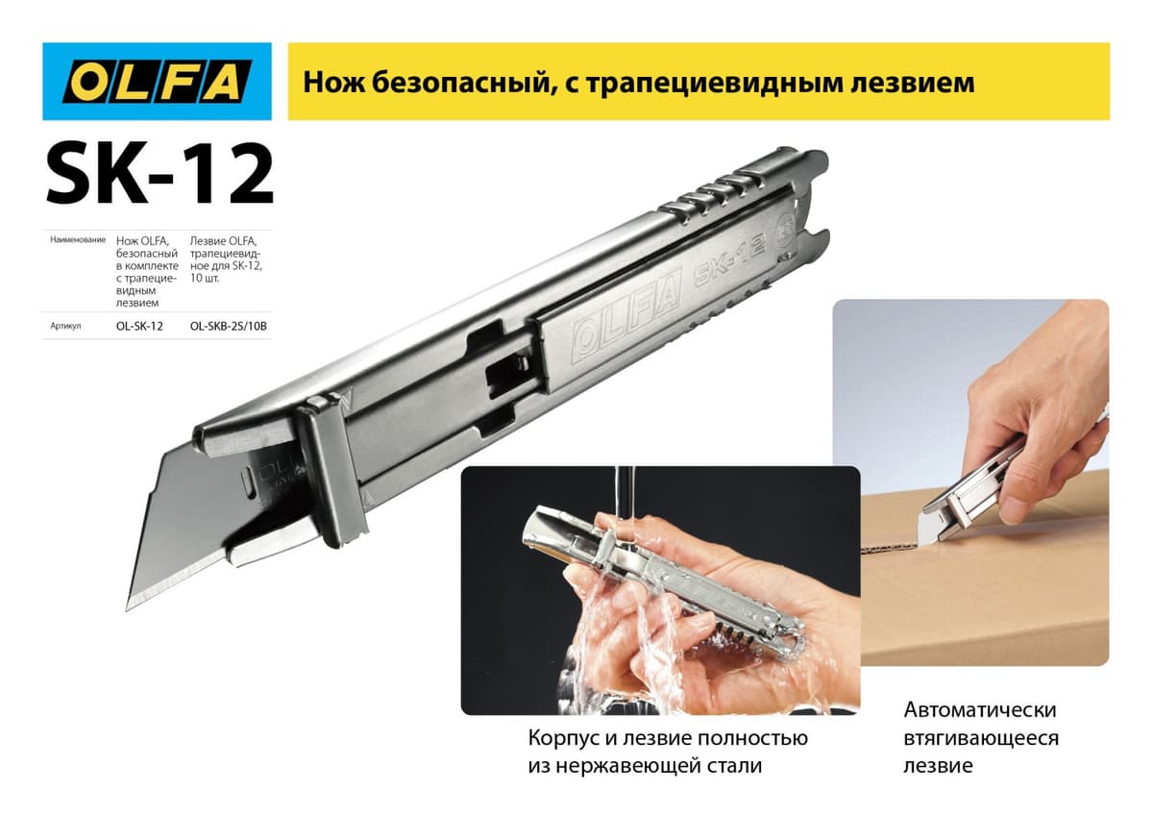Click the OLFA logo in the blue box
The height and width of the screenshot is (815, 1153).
tap(157, 82)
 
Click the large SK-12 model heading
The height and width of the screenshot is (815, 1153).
tap(159, 175)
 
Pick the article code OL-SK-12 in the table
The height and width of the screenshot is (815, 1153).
tap(139, 326)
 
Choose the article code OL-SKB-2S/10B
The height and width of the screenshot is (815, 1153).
tap(229, 326)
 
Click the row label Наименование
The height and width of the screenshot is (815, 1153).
tap(77, 238)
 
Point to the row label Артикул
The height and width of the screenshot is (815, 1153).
tap(65, 326)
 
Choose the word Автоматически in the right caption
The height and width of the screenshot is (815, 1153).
tap(979, 710)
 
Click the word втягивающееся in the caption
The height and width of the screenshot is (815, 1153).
tap(981, 738)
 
